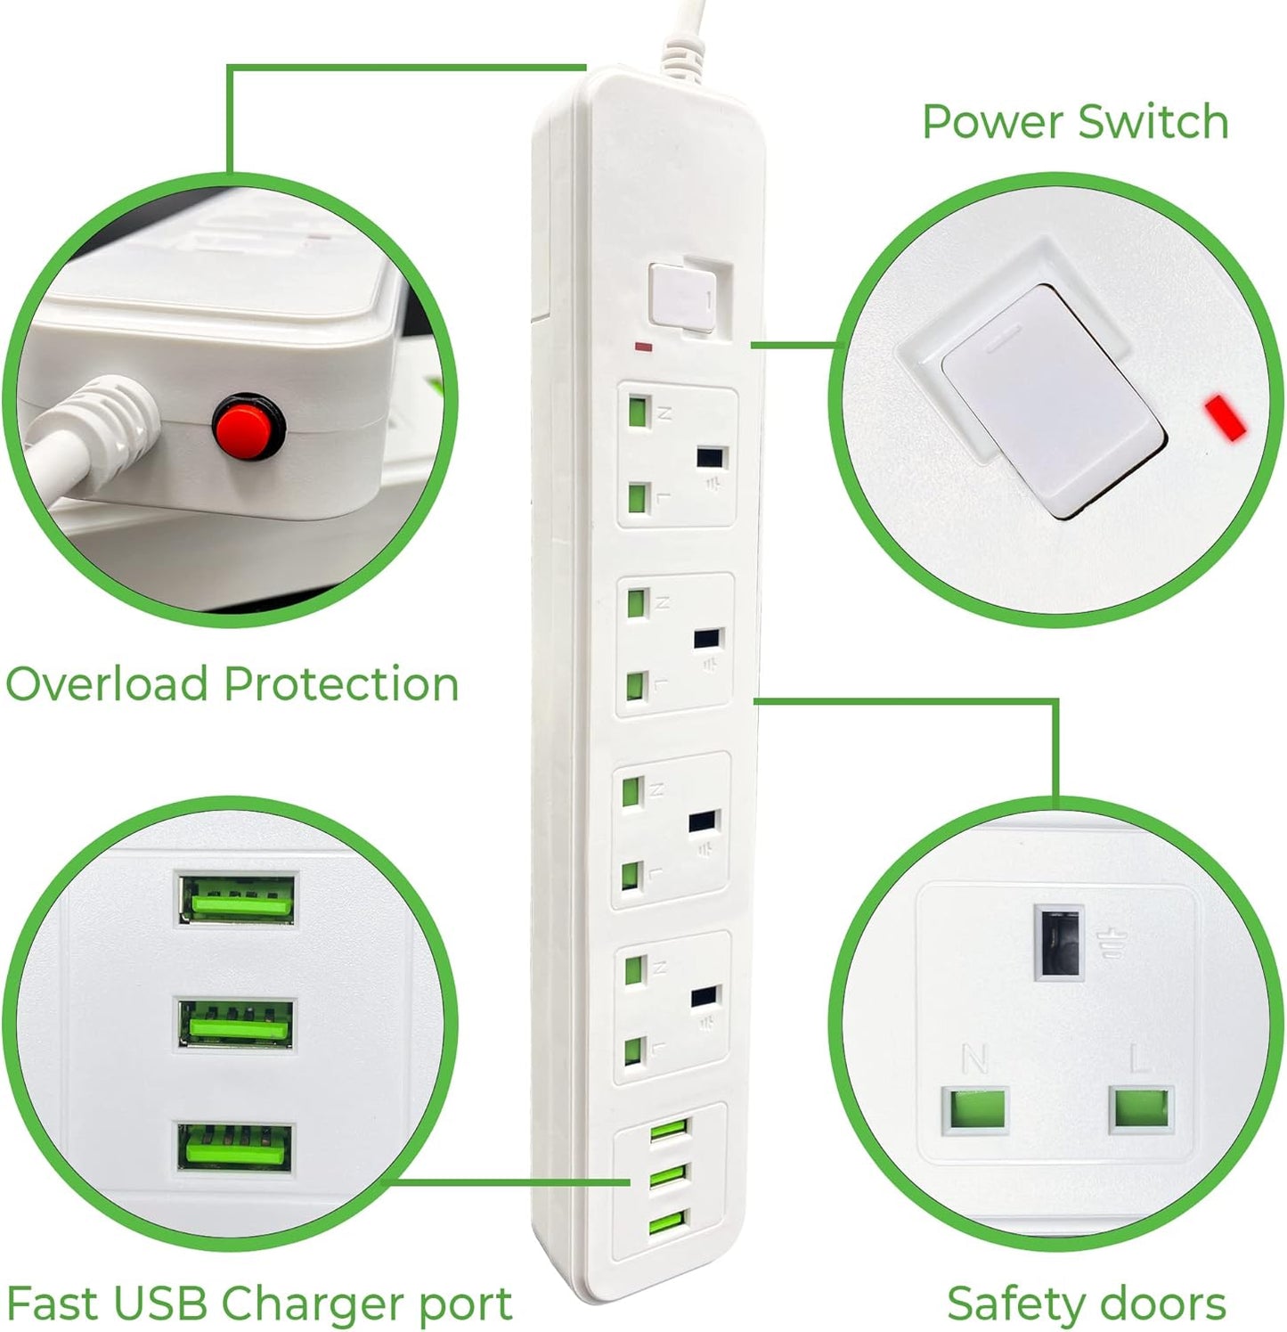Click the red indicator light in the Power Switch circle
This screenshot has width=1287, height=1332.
click(x=1226, y=417)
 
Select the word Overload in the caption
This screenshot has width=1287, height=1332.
click(x=109, y=684)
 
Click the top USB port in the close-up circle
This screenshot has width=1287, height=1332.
click(x=238, y=898)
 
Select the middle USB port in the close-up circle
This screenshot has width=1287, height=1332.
click(x=237, y=1022)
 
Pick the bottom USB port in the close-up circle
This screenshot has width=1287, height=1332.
click(x=235, y=1148)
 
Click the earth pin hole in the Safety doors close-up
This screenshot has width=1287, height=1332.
click(x=1059, y=943)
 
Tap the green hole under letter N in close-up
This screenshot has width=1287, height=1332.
click(x=976, y=1110)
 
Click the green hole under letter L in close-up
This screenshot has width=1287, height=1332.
click(x=1141, y=1108)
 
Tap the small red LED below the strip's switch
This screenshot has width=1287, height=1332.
click(x=643, y=346)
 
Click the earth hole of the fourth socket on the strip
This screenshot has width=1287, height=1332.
click(x=704, y=997)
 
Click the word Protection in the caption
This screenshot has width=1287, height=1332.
click(x=340, y=684)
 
